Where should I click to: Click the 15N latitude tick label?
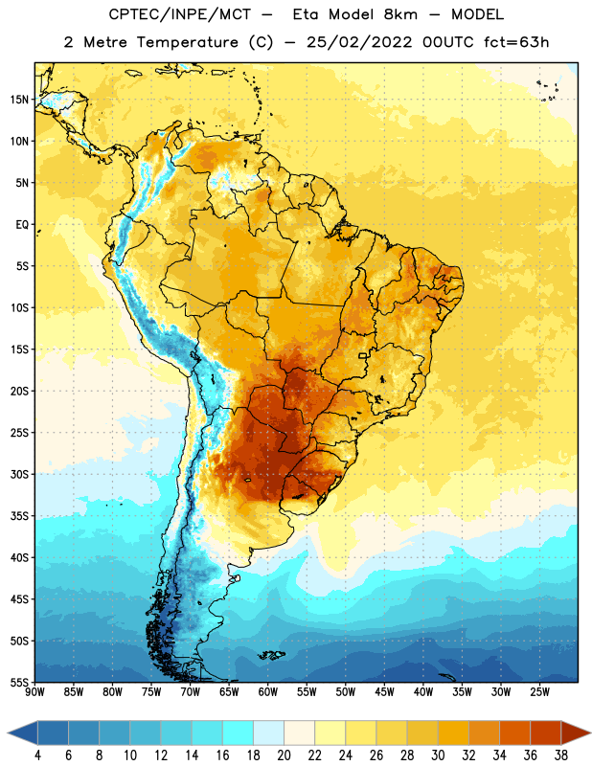[19, 100]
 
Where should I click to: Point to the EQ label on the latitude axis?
[22, 225]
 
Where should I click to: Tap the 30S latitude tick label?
[19, 474]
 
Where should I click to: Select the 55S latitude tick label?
[19, 682]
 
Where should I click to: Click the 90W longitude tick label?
[34, 691]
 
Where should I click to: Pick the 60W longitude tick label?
[268, 691]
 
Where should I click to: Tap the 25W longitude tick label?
[539, 691]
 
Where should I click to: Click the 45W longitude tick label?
[384, 691]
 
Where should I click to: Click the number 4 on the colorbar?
[37, 755]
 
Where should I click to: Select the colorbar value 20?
[284, 755]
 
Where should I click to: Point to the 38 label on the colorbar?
[561, 755]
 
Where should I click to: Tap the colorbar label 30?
[438, 755]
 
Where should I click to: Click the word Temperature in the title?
[187, 42]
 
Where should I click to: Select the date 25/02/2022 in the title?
[359, 42]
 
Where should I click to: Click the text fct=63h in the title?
[516, 42]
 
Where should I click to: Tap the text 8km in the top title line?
[400, 14]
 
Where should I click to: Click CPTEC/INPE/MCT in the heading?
[180, 14]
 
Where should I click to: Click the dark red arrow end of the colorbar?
[576, 732]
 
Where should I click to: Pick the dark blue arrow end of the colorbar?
[23, 732]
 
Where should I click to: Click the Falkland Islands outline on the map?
[271, 655]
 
